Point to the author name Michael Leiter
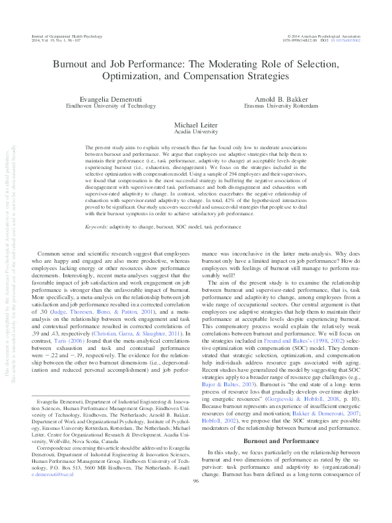pyautogui.click(x=195, y=124)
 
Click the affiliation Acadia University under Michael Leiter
pyautogui.click(x=195, y=131)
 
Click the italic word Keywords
pyautogui.click(x=96, y=227)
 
